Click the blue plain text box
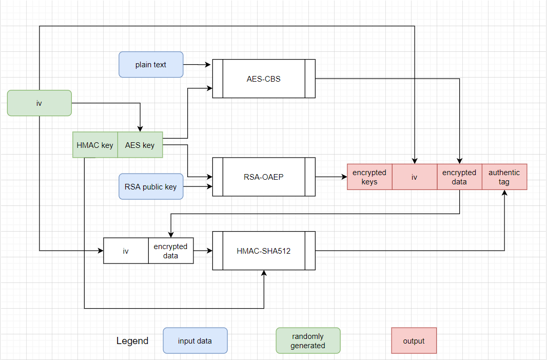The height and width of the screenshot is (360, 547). [151, 65]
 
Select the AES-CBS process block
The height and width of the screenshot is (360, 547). [264, 79]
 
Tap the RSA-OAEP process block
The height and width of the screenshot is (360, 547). [264, 177]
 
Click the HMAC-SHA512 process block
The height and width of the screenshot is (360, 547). [264, 251]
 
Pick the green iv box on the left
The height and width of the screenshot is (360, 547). [40, 103]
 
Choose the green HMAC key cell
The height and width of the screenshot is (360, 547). [95, 145]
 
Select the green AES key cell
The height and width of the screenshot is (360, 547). [140, 145]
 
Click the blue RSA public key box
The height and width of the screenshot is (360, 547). [151, 186]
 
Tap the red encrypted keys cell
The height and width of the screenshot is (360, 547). [369, 177]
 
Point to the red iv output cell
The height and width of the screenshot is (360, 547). [415, 177]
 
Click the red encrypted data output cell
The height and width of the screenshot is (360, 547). [459, 177]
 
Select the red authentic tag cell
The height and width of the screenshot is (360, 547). [504, 177]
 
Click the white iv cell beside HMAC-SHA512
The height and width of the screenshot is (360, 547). [126, 251]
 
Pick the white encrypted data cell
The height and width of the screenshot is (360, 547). [171, 251]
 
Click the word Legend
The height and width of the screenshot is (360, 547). [132, 341]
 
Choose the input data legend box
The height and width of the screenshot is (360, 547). [195, 341]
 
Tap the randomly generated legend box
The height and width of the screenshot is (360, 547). [308, 341]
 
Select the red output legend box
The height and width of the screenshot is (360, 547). [414, 341]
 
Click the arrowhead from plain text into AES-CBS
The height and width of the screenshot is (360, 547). [209, 65]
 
